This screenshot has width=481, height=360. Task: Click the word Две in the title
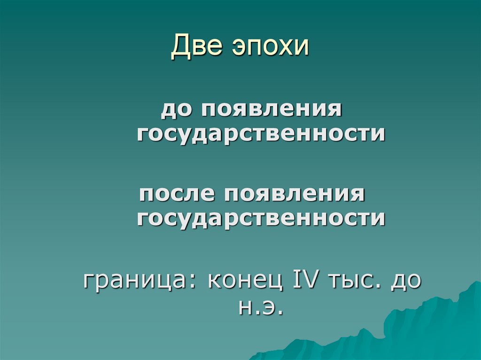196,47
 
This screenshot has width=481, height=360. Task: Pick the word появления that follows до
272,111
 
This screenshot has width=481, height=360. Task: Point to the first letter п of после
144,194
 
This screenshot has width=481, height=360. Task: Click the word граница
132,282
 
